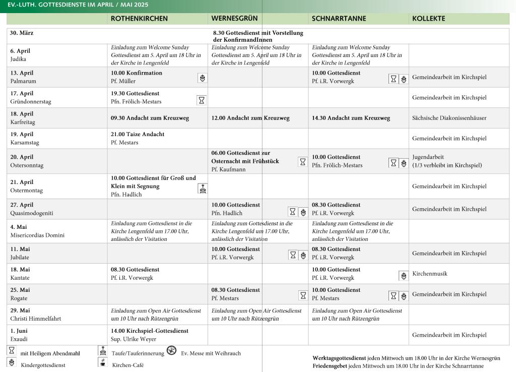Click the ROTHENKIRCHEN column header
click(139, 19)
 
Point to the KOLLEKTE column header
click(428, 19)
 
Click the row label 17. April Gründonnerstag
click(30, 97)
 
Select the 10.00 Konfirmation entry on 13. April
click(137, 73)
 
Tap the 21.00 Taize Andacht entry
click(138, 134)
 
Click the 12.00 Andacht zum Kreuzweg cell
click(250, 118)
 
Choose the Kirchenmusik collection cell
click(430, 274)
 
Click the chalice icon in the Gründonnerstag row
click(202, 100)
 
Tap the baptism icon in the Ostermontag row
click(202, 188)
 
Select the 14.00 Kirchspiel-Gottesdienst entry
click(150, 331)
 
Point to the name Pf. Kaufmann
click(228, 169)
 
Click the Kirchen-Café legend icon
click(103, 362)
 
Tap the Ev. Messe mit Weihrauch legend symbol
click(172, 351)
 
